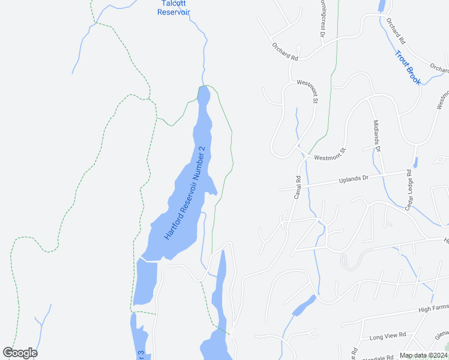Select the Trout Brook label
point(408,68)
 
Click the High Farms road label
point(433,308)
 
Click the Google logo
point(20,353)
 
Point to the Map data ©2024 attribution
point(423,356)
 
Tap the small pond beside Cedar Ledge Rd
point(415,162)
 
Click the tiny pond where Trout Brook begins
point(382,6)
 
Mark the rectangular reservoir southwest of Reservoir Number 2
point(145,282)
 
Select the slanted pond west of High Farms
point(304,306)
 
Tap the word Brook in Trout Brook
point(412,75)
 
